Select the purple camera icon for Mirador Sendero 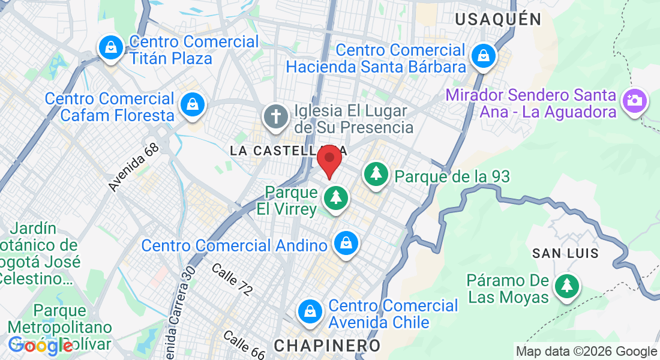(635, 100)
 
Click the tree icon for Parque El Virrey (335, 198)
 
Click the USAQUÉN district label (498, 19)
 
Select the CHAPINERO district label (327, 346)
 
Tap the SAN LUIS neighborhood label (566, 253)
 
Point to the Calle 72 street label (232, 279)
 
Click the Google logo (40, 345)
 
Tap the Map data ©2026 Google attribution (587, 352)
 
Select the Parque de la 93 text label (452, 176)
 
